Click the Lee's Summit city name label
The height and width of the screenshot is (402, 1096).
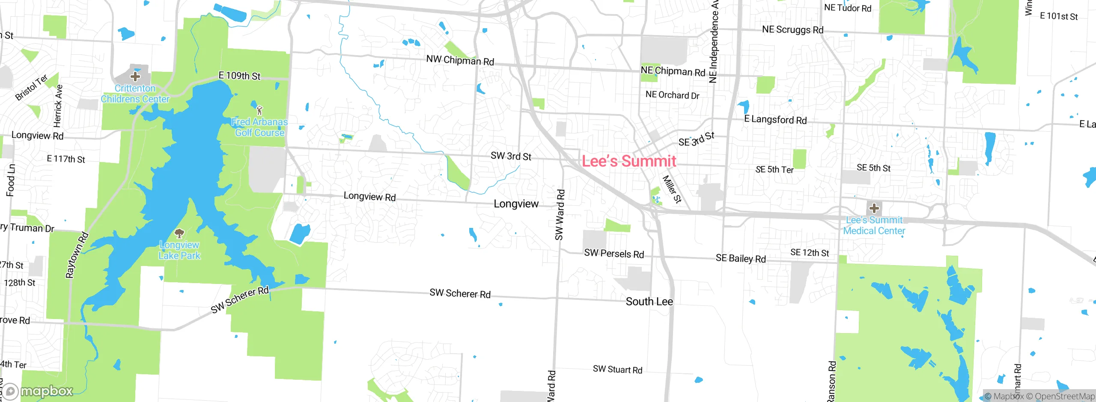click(628, 161)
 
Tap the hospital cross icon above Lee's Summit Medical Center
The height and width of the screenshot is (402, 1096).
click(874, 208)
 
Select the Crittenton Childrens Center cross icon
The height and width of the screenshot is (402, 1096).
click(135, 77)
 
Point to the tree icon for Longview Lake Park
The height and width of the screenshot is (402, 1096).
click(179, 234)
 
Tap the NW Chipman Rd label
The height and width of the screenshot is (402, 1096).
click(460, 60)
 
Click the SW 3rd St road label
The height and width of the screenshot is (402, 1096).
click(511, 156)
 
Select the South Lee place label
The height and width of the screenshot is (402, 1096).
click(649, 301)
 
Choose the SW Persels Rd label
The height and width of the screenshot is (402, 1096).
click(614, 254)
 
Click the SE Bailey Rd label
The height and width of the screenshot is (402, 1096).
click(741, 258)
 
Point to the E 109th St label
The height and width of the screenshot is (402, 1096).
click(239, 76)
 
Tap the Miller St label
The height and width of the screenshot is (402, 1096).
click(671, 189)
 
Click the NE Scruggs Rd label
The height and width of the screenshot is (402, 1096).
click(792, 30)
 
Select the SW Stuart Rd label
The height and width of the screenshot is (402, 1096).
click(617, 369)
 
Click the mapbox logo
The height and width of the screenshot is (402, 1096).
click(39, 391)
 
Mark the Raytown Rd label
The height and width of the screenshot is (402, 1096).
click(77, 255)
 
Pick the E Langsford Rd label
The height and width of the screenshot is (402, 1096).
click(775, 119)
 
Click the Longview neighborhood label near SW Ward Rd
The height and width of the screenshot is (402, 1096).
click(516, 204)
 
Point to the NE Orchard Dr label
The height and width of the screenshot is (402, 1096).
click(672, 95)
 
